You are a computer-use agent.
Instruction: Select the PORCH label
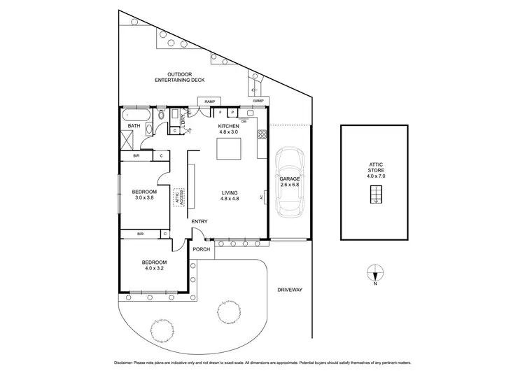pos(202,248)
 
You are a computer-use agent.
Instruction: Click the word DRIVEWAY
pos(288,288)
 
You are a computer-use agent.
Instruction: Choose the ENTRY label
pos(199,222)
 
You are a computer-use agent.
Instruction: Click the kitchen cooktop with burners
pos(262,134)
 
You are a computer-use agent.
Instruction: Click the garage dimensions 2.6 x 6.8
pos(289,185)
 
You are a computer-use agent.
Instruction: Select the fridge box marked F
pos(220,112)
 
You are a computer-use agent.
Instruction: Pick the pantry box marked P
pos(232,112)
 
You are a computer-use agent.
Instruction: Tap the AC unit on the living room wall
pos(264,197)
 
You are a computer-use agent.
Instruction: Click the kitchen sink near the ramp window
pos(249,112)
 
